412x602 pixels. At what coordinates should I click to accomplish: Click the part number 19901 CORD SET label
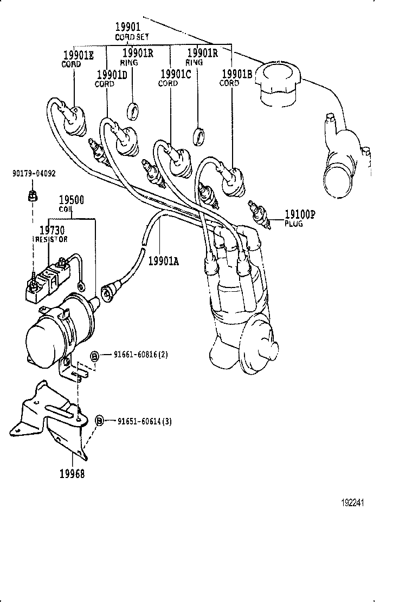tap(128, 31)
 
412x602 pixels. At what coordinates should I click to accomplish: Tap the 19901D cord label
tap(112, 78)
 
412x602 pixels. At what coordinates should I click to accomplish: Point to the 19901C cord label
tap(175, 78)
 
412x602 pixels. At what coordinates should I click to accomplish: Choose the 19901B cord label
tap(236, 78)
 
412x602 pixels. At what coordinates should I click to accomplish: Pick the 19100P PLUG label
tap(299, 218)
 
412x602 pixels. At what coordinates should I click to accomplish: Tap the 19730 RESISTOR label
tap(52, 234)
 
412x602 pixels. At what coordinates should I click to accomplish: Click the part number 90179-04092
tap(33, 174)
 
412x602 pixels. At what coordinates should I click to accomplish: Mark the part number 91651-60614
tap(144, 421)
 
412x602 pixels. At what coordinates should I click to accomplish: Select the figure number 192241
tap(352, 502)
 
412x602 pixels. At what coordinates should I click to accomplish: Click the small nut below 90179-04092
tap(32, 194)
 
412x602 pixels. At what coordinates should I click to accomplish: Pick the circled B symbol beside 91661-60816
tap(94, 356)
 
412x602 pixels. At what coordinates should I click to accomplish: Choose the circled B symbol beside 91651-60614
tap(99, 421)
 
